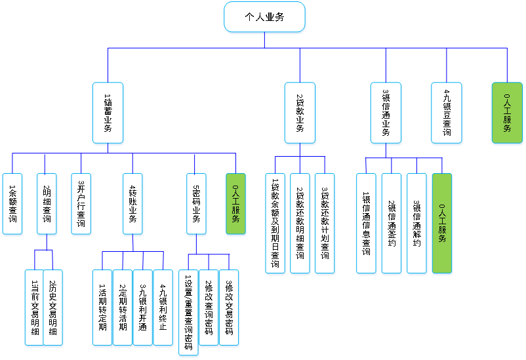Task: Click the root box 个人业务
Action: [264, 18]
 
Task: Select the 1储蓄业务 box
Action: [108, 113]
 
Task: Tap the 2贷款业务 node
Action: [300, 113]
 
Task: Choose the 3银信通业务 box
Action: [386, 113]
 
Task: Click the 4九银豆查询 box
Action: [447, 113]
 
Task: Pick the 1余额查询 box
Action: [13, 204]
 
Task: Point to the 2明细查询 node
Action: [47, 204]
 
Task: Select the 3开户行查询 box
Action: [81, 204]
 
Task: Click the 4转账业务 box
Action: [132, 204]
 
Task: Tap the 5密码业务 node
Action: [195, 204]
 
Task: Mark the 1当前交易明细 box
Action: [35, 308]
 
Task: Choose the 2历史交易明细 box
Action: [54, 308]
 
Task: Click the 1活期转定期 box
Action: [102, 308]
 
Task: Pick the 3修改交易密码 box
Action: [228, 308]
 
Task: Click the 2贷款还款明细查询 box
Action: [300, 224]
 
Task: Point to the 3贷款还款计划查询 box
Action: [325, 224]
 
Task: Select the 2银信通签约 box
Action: [392, 224]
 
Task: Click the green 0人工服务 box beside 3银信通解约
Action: [441, 224]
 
